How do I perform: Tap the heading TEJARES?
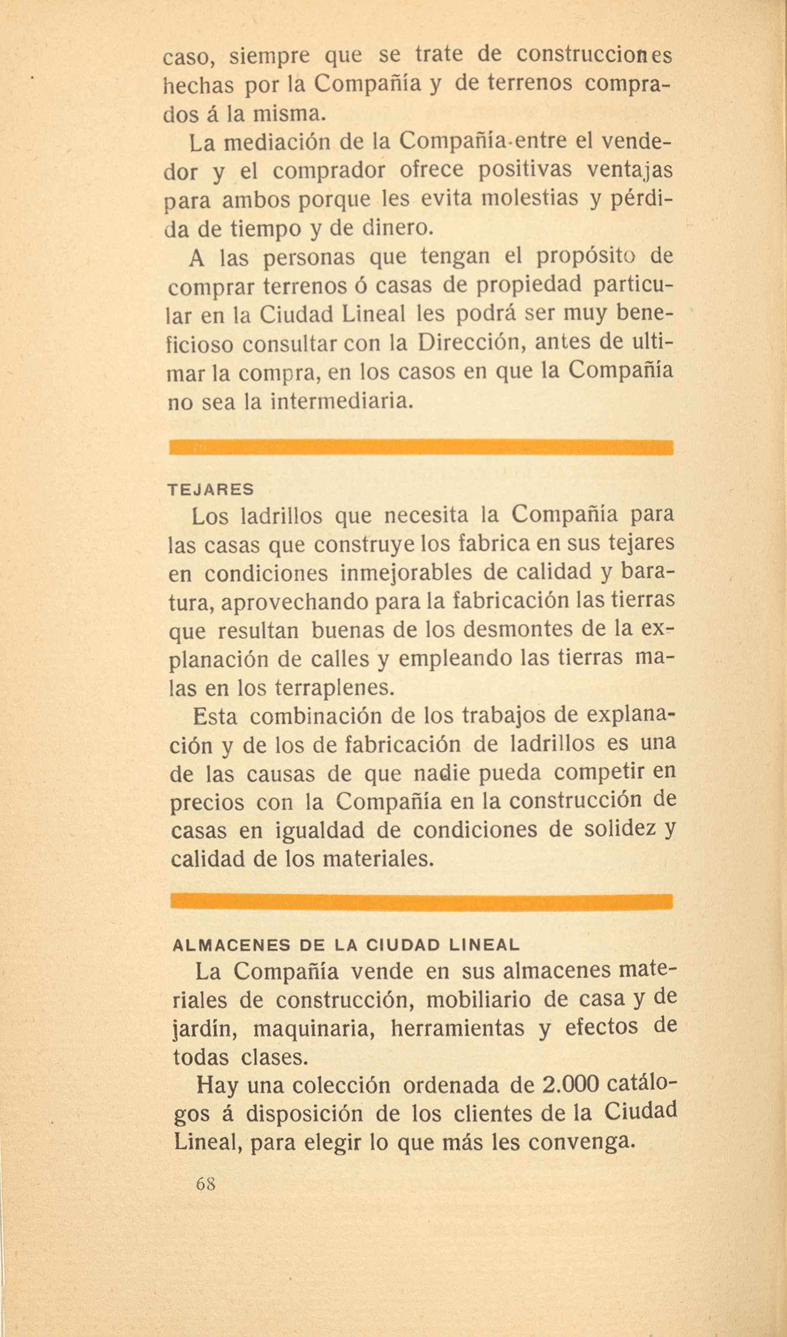point(210,490)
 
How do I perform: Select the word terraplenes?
point(336,688)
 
